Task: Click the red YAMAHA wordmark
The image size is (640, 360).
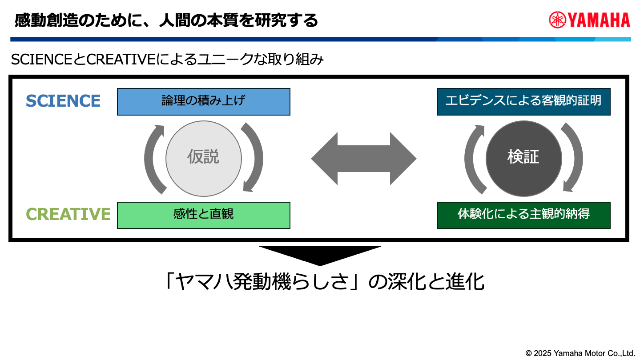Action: click(x=598, y=20)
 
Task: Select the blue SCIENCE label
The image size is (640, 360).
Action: click(x=63, y=101)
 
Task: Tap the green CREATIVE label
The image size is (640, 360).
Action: click(x=68, y=214)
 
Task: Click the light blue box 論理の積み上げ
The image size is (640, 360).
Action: click(x=203, y=101)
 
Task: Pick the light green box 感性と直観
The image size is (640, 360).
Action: click(x=203, y=215)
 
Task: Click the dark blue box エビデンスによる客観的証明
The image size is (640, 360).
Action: click(x=523, y=101)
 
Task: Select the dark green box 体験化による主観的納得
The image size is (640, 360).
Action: click(x=523, y=215)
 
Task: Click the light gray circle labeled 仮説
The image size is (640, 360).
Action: click(x=203, y=158)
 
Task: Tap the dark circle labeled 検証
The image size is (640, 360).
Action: click(x=523, y=158)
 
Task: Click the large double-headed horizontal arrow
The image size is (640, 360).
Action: click(x=363, y=158)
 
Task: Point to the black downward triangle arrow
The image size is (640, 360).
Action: click(x=320, y=255)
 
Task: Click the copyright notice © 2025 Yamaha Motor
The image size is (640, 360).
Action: click(x=580, y=353)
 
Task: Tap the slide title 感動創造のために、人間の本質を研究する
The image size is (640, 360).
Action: click(x=166, y=20)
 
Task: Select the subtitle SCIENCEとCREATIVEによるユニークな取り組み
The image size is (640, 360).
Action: click(x=167, y=60)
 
